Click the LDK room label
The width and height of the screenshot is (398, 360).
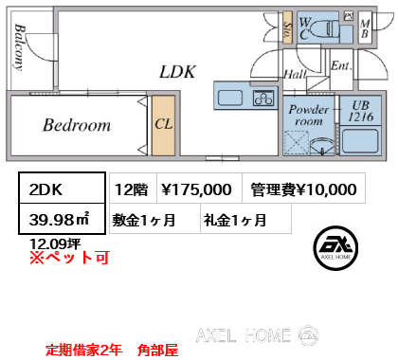(x=178, y=72)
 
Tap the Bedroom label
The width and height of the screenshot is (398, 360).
(x=77, y=125)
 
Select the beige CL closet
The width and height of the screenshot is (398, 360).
(x=163, y=125)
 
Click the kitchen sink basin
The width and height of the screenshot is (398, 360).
(x=230, y=98)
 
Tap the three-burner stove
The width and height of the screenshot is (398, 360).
(x=263, y=98)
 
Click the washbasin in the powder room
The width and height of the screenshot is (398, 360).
(x=322, y=147)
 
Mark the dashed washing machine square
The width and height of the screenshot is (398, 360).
(x=297, y=143)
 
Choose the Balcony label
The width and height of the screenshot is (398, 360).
(x=19, y=47)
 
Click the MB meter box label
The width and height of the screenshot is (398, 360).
(x=365, y=28)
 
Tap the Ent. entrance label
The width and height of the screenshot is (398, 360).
(x=341, y=65)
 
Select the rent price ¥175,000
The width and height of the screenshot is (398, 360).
(x=196, y=189)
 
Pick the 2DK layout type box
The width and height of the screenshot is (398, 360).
(x=62, y=188)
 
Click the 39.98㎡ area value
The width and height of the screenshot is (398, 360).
(x=59, y=220)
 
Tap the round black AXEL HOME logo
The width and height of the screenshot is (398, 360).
(x=335, y=248)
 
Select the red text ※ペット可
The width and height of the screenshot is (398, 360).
(x=69, y=258)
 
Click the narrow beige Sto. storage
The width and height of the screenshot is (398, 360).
(x=287, y=27)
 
